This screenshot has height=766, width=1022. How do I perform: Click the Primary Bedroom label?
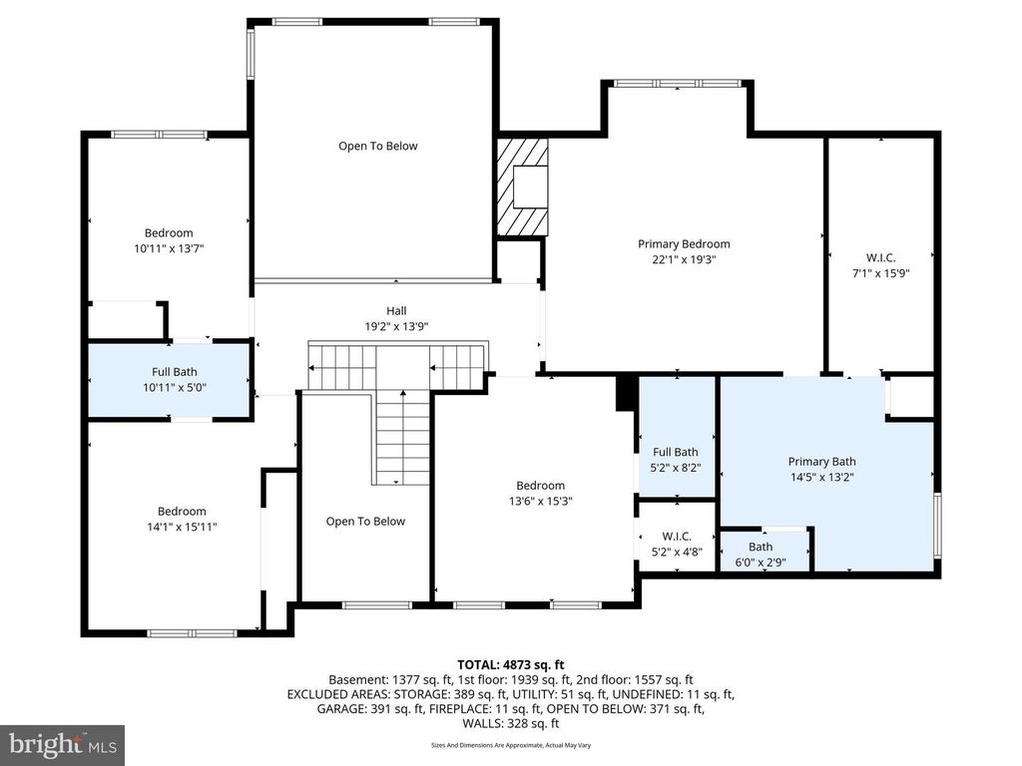tap(684, 243)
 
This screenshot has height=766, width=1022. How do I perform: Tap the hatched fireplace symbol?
tap(523, 187)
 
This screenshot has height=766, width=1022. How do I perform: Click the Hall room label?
tap(396, 310)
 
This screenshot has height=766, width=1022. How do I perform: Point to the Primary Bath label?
tap(821, 462)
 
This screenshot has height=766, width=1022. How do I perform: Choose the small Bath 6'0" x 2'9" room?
tap(761, 554)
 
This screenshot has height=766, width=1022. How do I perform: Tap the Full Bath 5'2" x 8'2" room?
tap(675, 459)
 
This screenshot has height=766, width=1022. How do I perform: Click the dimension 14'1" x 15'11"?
tap(181, 527)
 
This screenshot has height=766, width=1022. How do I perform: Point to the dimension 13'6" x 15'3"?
tap(540, 501)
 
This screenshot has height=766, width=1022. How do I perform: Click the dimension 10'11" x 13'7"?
tap(169, 247)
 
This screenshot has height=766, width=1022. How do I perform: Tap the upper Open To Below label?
tap(377, 146)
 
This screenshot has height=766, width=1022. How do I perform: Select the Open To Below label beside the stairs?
tap(365, 521)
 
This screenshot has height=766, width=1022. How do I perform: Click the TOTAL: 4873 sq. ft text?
tap(511, 664)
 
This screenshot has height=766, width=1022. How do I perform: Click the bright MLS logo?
tap(62, 744)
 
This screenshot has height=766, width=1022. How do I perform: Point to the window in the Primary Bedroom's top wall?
tap(677, 83)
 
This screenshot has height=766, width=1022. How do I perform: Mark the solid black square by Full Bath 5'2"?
tap(627, 391)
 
